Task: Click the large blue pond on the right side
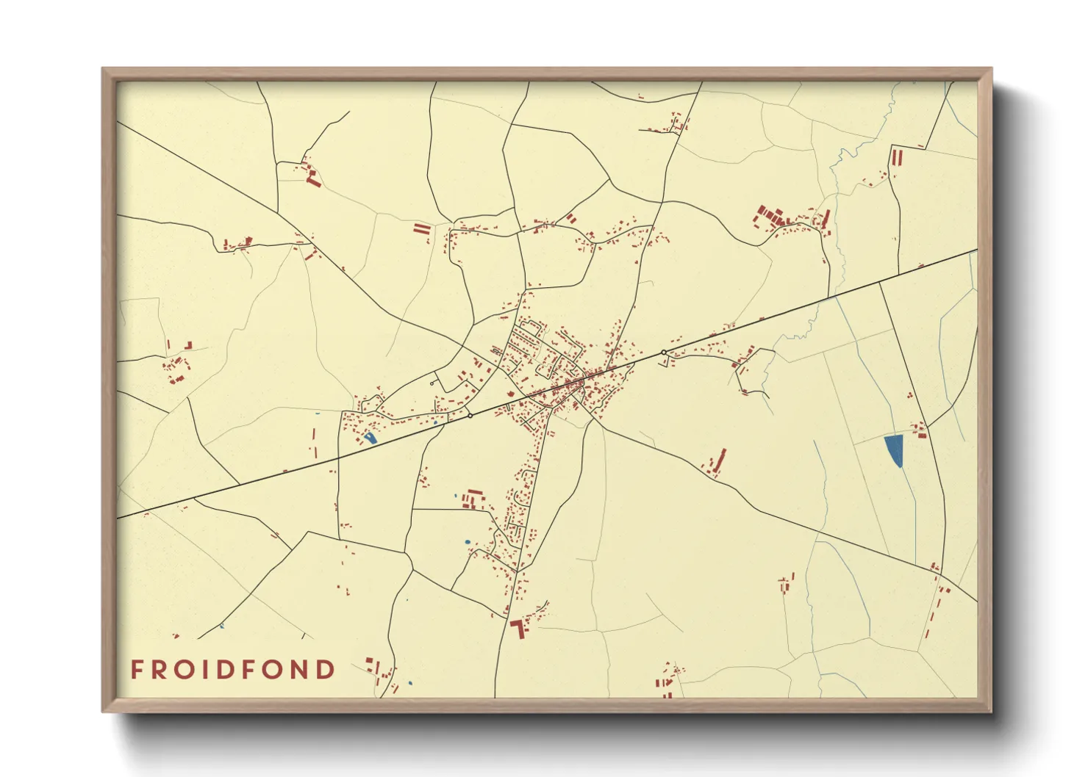click(x=894, y=450)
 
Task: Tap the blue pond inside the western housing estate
click(x=370, y=438)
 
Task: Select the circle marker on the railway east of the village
click(x=664, y=353)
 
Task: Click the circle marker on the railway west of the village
click(x=470, y=416)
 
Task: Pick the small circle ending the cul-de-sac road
click(x=432, y=383)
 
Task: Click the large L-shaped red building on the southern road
click(x=519, y=628)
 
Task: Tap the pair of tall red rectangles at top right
click(x=896, y=156)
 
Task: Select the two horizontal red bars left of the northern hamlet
click(x=421, y=229)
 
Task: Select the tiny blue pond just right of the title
click(x=410, y=684)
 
